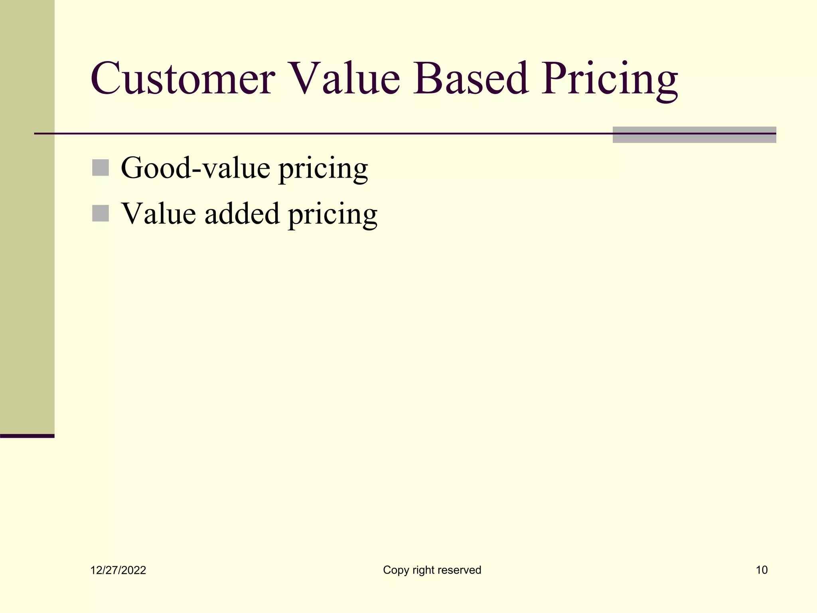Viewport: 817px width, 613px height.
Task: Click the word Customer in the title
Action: click(x=183, y=79)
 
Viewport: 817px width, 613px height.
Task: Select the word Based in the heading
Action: click(x=471, y=79)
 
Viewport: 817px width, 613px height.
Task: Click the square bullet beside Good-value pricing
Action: click(x=101, y=168)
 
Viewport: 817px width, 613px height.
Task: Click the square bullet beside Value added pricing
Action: click(x=101, y=213)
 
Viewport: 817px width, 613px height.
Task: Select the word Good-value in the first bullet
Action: click(x=195, y=168)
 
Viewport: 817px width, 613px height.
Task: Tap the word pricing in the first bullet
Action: click(x=323, y=170)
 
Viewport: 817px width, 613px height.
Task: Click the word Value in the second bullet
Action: click(x=158, y=214)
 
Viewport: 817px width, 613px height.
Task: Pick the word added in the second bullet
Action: click(x=242, y=214)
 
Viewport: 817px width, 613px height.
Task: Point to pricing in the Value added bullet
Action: click(x=333, y=216)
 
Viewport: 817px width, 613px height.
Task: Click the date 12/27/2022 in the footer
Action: click(x=118, y=570)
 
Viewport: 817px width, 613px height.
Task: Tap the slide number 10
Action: click(x=762, y=570)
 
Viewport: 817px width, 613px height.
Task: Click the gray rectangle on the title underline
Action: click(x=694, y=135)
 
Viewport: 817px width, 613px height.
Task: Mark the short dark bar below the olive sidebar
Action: click(x=27, y=436)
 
